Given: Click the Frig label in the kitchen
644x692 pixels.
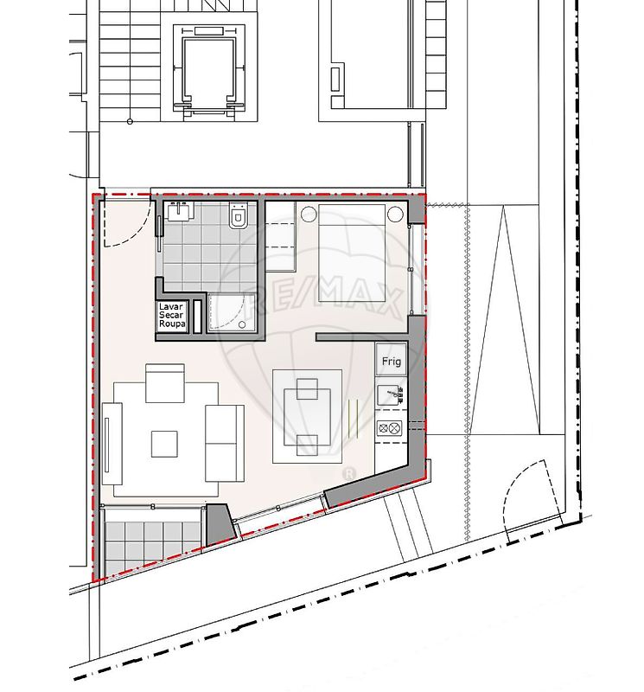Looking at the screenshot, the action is click(x=392, y=362).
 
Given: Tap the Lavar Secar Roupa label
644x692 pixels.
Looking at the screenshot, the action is click(x=171, y=315).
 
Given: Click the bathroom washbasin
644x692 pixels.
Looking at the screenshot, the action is click(x=180, y=211).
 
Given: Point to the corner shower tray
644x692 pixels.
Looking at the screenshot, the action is click(x=232, y=312).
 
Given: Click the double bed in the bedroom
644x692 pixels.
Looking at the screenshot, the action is click(x=352, y=253).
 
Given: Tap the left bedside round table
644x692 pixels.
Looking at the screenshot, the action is click(x=309, y=215).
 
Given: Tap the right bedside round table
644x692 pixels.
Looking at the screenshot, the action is click(x=395, y=214).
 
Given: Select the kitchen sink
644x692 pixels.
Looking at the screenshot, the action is click(x=391, y=395).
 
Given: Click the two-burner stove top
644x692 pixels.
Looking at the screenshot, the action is click(x=390, y=428).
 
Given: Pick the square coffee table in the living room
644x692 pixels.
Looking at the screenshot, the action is click(x=164, y=444).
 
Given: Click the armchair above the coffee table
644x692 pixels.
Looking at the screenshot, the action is click(x=165, y=383).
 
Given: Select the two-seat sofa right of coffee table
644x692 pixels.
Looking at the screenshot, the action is click(x=225, y=443).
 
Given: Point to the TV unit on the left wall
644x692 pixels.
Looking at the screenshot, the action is click(x=112, y=444).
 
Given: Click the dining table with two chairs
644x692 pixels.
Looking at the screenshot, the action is click(x=308, y=417).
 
